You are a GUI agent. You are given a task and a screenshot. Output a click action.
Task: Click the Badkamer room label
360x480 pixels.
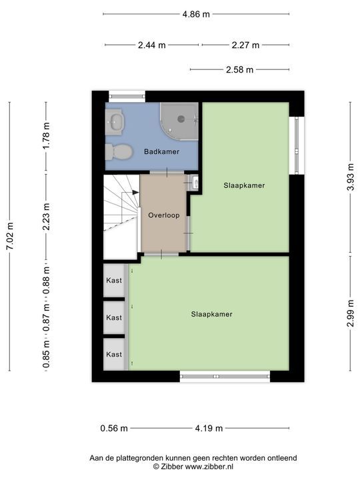[x=161, y=151]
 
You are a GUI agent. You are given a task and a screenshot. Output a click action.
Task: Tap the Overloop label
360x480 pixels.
[x=164, y=215]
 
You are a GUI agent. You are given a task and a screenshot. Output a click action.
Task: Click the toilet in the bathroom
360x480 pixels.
[x=119, y=152]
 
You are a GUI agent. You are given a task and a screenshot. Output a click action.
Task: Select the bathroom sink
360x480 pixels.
[x=115, y=122]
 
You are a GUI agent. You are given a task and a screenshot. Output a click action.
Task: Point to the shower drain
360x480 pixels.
[x=181, y=119]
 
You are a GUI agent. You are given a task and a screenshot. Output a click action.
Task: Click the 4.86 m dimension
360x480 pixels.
[x=196, y=14]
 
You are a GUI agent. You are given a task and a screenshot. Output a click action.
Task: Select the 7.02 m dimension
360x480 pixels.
[x=10, y=236]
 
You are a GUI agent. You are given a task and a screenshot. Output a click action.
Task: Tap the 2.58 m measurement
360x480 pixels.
[x=240, y=70]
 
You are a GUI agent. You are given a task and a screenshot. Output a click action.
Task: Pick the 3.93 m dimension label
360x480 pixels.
[x=350, y=177]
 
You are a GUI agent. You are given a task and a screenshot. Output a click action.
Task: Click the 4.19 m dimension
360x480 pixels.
[x=209, y=428]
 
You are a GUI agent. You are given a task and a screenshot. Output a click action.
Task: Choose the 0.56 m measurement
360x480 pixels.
[x=114, y=428]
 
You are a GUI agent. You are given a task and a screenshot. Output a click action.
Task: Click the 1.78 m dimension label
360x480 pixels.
[x=46, y=135]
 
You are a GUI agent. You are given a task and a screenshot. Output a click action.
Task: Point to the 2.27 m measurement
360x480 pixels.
[x=245, y=45]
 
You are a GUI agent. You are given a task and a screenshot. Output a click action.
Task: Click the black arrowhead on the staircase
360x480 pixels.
[x=135, y=192]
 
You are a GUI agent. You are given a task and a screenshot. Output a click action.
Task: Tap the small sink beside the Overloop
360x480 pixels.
[x=194, y=183]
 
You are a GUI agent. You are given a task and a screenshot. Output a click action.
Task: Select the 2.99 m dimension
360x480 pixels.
[x=350, y=313]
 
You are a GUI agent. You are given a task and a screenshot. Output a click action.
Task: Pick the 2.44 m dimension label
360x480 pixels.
[x=152, y=45]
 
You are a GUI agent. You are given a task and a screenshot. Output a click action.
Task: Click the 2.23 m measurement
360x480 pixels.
[x=46, y=217]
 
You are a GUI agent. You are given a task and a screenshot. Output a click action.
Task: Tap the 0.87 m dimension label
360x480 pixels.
[x=46, y=319]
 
